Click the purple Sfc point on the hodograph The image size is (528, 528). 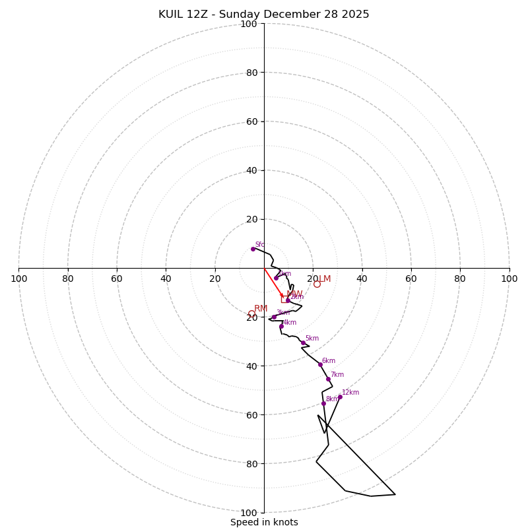[253, 249]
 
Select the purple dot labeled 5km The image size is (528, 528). [303, 343]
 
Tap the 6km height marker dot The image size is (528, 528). [320, 364]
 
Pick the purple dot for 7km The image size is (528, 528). [328, 379]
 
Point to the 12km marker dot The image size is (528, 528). [340, 397]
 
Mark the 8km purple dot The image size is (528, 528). [323, 403]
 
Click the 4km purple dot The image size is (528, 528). [281, 326]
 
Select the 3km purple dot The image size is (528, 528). [274, 317]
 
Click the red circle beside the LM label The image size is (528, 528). [317, 284]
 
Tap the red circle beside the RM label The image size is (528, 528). [251, 314]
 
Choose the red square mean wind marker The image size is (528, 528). [284, 298]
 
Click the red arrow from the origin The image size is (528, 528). [274, 283]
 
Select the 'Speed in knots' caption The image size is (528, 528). [264, 522]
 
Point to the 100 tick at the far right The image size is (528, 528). [509, 279]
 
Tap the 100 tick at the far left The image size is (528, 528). [19, 279]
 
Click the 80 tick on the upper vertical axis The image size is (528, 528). [249, 73]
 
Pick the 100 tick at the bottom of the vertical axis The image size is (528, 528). [249, 512]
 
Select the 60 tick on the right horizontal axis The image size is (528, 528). [411, 279]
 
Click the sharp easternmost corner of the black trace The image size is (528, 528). [395, 494]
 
